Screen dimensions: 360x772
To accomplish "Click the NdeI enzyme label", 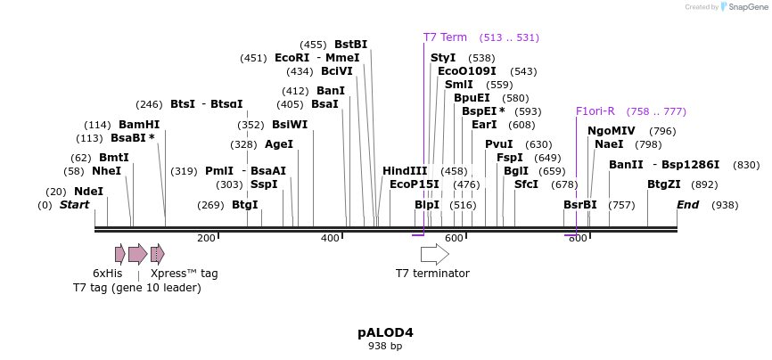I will (88, 192).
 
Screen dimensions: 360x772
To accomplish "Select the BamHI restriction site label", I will (139, 125).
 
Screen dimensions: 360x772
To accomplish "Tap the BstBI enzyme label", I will (350, 45).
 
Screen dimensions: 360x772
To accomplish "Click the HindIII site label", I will (405, 171).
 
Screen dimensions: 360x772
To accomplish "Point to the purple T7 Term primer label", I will (445, 37).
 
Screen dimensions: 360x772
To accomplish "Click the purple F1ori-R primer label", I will (595, 111).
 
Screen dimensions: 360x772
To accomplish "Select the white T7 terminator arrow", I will (434, 254).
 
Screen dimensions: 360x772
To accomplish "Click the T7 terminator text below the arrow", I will (432, 274).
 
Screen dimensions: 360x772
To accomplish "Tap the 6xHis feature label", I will (108, 274).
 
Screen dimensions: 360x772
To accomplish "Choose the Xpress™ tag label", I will (184, 274).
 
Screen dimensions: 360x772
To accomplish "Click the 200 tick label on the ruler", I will (206, 239).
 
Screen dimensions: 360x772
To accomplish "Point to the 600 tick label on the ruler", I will (454, 239).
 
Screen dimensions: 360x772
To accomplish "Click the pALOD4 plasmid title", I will (385, 332).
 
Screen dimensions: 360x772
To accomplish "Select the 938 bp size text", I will (385, 346).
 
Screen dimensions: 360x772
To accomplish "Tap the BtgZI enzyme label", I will (664, 184).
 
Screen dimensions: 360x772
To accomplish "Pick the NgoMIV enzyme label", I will (612, 131).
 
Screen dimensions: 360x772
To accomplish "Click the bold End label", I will (687, 205).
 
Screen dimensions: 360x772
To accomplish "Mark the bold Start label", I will (75, 205).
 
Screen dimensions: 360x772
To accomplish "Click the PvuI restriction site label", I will (499, 144).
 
